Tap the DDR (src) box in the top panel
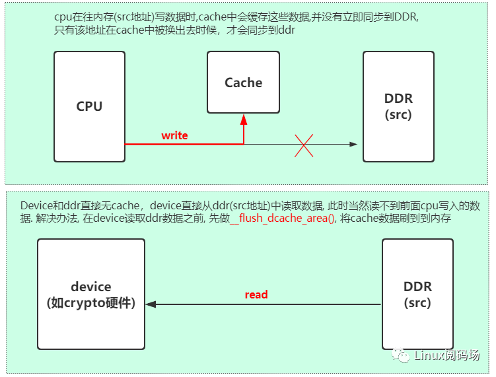click(398, 106)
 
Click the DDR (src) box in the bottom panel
click(417, 294)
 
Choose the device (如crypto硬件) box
click(91, 294)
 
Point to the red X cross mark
click(303, 144)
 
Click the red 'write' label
click(174, 135)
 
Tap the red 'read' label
click(256, 294)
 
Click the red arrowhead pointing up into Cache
click(244, 119)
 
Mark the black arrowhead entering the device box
click(151, 304)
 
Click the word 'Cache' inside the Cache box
click(243, 83)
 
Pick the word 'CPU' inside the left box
click(89, 106)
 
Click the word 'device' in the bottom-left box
click(91, 287)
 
